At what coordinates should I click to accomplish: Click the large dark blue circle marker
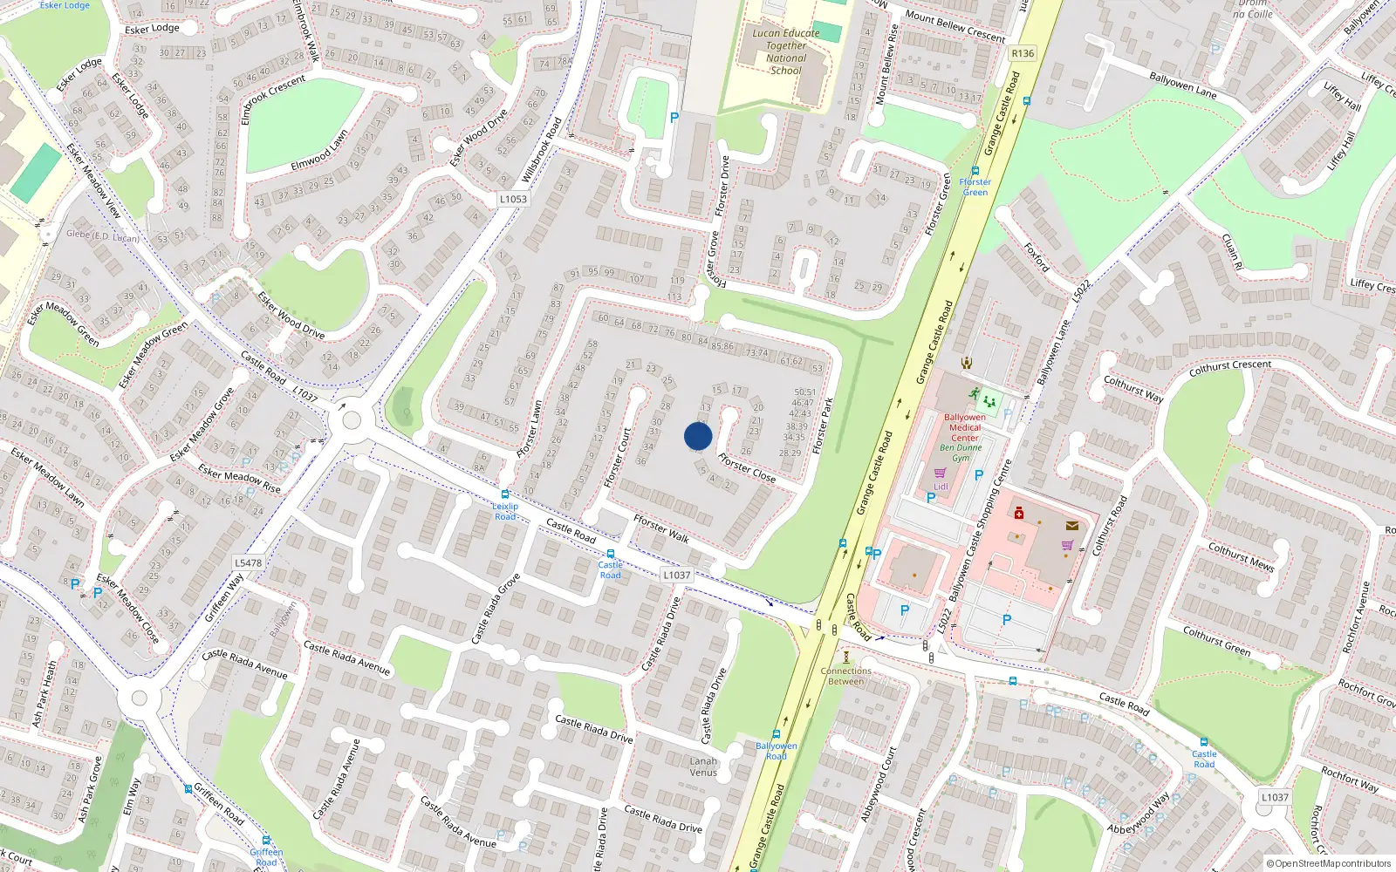698,436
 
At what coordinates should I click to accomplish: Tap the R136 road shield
1023,53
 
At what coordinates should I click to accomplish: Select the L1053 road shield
513,199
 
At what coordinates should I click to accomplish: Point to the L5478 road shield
248,562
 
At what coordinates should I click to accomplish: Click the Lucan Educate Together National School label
785,51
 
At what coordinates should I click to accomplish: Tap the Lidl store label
941,487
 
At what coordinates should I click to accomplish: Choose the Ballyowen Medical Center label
964,427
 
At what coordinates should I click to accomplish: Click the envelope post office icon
1072,526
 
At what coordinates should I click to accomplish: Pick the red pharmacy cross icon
1018,514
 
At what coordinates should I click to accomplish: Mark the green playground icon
989,402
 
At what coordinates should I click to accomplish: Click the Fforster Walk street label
661,528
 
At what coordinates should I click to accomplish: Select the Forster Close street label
747,468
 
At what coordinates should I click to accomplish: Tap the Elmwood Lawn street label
319,151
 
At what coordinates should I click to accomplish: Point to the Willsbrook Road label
541,150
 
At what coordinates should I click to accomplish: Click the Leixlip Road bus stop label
505,511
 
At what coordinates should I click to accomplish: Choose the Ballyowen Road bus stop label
776,751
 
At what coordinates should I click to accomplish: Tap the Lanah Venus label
703,766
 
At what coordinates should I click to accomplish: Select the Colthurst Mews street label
1241,556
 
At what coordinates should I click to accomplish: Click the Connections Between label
845,676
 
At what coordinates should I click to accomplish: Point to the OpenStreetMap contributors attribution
1329,863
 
